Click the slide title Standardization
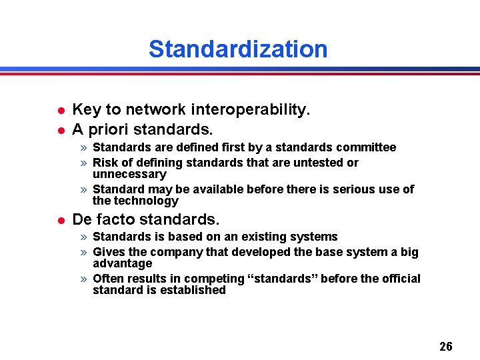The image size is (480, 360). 238,49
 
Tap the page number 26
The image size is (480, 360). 446,346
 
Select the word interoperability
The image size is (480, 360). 251,109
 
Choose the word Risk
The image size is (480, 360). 105,163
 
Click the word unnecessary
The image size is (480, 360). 129,174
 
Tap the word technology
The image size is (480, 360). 147,201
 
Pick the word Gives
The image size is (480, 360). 109,252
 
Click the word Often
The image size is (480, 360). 109,279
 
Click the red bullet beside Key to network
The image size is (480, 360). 61,110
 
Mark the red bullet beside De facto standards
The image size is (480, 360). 61,219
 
